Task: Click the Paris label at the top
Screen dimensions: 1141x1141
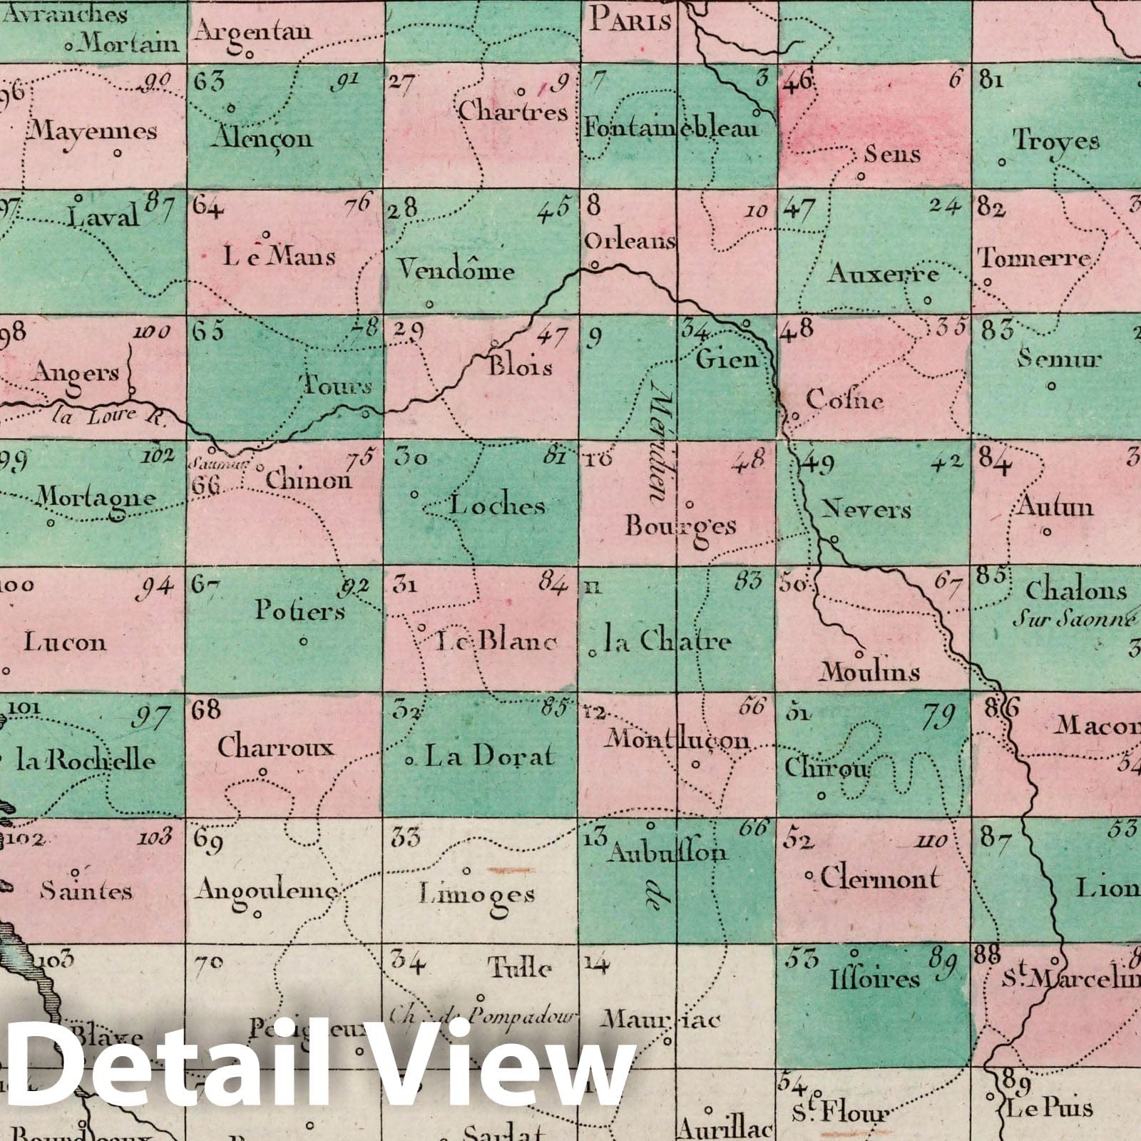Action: (x=630, y=21)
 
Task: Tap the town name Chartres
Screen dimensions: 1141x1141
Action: (x=513, y=111)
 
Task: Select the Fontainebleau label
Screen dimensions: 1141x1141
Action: (x=671, y=128)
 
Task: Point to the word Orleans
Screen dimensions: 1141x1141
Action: (x=630, y=241)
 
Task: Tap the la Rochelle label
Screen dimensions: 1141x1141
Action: (x=86, y=760)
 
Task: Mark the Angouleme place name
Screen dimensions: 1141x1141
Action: (x=266, y=890)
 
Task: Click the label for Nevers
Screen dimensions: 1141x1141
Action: (x=866, y=509)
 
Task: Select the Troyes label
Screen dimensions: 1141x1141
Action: (x=1056, y=140)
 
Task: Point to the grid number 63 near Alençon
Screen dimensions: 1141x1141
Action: (x=209, y=81)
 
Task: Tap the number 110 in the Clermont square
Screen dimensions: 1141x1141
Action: (x=931, y=841)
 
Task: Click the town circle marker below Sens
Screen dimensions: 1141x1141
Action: (x=861, y=175)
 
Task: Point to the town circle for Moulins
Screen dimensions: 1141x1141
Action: (x=860, y=653)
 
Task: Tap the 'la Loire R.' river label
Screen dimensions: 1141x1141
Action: (x=107, y=416)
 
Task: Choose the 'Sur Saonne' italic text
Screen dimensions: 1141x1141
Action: (x=1073, y=618)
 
